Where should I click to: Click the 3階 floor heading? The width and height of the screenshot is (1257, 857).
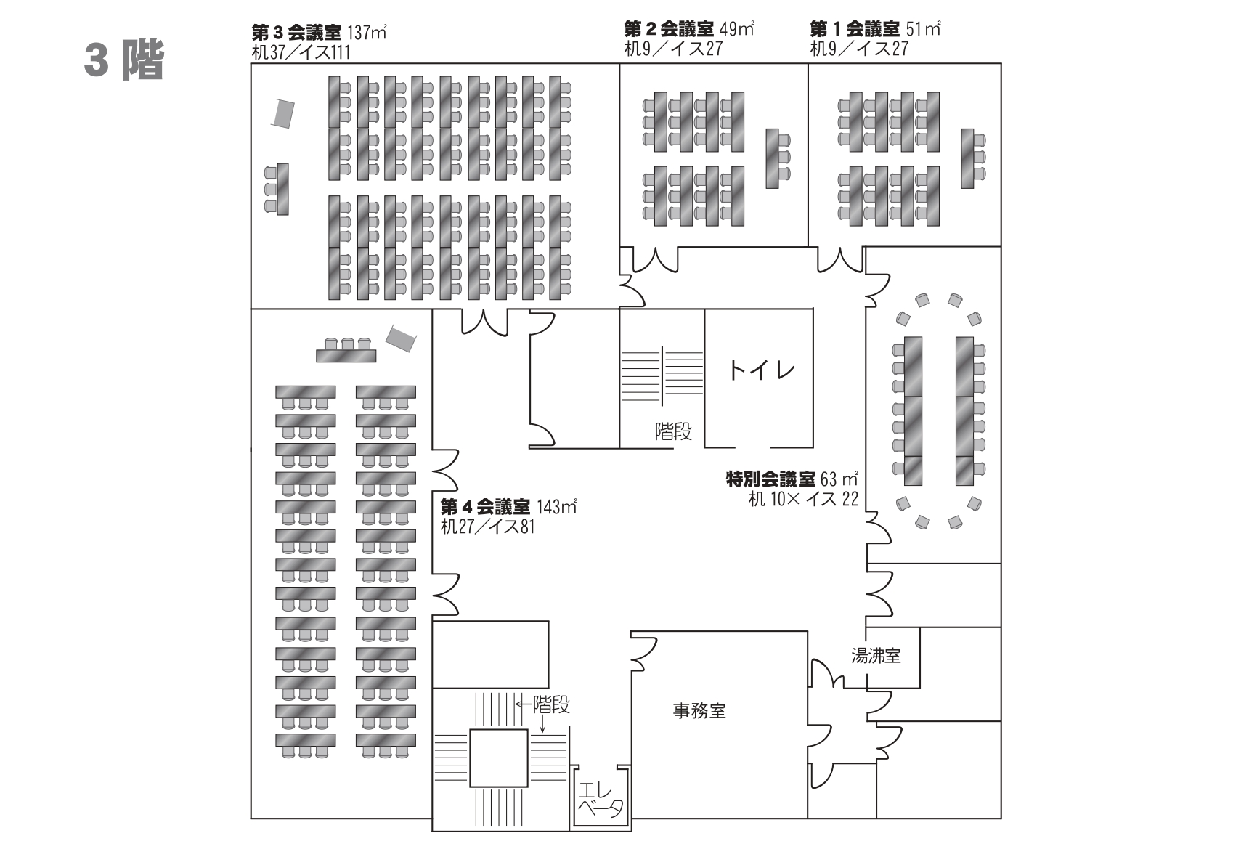[123, 60]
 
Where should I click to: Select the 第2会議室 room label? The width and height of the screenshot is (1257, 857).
[669, 30]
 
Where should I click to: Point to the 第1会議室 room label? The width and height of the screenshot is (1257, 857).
[855, 30]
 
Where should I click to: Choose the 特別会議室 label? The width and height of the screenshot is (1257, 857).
[770, 479]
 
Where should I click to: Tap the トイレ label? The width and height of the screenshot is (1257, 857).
[761, 371]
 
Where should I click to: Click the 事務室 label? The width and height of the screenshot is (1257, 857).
[699, 711]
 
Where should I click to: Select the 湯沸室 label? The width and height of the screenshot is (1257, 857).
[876, 656]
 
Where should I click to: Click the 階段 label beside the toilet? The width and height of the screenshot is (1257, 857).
[673, 432]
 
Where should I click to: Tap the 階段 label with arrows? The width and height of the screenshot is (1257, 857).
[550, 704]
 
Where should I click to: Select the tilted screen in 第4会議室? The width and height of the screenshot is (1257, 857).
[400, 338]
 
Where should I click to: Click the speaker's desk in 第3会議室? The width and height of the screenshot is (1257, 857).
[282, 189]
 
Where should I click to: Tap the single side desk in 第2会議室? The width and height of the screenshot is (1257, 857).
[773, 158]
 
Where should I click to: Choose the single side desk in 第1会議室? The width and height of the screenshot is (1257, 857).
[967, 158]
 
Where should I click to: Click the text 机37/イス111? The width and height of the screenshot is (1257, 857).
[300, 52]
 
